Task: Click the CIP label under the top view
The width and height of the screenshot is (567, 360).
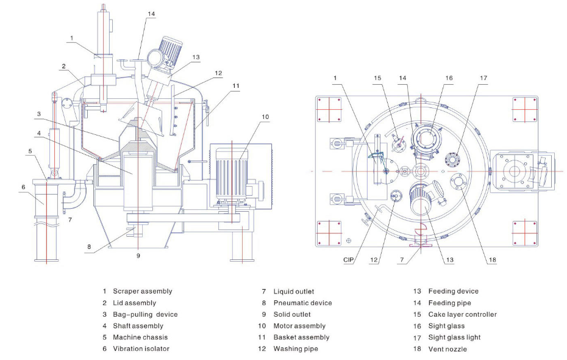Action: (x=348, y=260)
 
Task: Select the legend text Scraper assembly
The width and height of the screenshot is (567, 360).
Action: (x=143, y=291)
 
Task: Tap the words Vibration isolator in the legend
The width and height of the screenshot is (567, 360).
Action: (x=141, y=349)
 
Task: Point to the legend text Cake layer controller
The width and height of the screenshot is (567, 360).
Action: (x=463, y=314)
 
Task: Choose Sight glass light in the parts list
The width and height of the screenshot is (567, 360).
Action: (x=455, y=337)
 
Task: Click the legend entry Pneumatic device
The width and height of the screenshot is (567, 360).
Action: (x=302, y=303)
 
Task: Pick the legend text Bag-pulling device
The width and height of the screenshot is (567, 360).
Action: (x=145, y=314)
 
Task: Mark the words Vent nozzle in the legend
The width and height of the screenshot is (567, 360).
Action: (x=448, y=349)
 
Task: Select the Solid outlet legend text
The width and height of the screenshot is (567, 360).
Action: (x=292, y=314)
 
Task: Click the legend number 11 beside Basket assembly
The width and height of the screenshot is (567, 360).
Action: (x=262, y=337)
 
